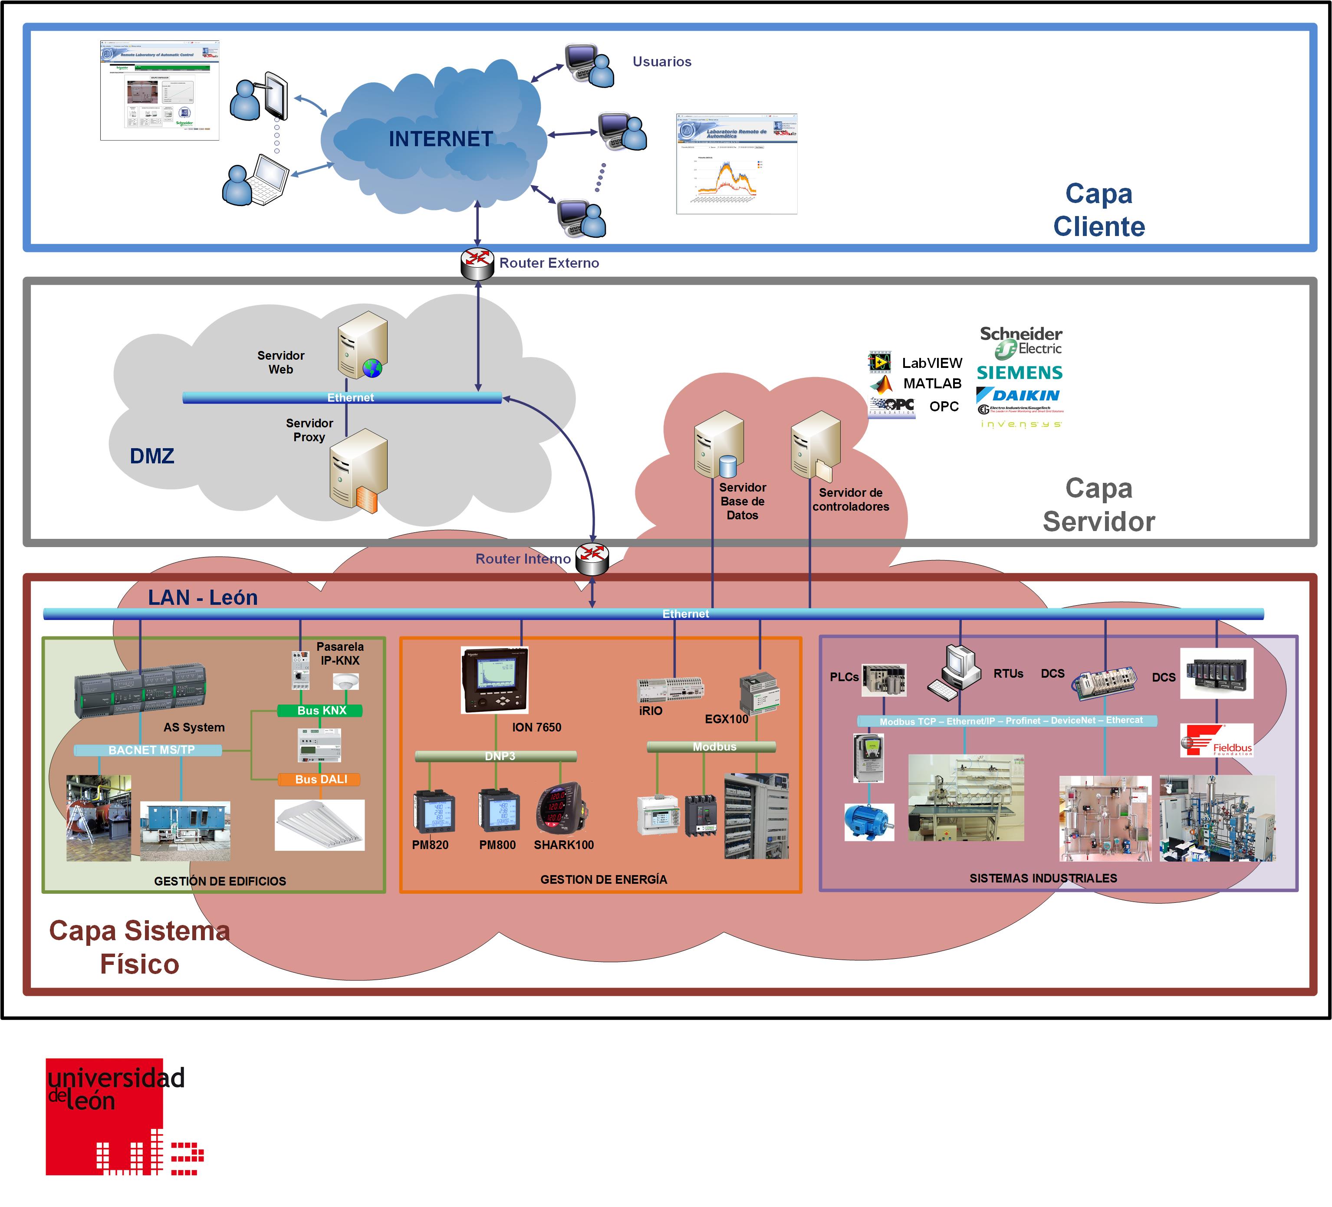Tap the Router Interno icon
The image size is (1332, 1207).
[592, 559]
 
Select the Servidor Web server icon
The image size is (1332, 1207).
[362, 345]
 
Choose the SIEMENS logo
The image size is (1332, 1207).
[1020, 373]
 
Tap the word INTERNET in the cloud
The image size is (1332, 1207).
[441, 139]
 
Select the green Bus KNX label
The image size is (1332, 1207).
[320, 711]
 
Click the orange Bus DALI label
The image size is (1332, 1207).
[320, 780]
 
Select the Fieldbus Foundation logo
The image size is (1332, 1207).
[1217, 740]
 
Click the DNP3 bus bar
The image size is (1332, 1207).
[496, 756]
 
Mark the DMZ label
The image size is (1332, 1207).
[152, 456]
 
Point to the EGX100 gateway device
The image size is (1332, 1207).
[759, 693]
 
